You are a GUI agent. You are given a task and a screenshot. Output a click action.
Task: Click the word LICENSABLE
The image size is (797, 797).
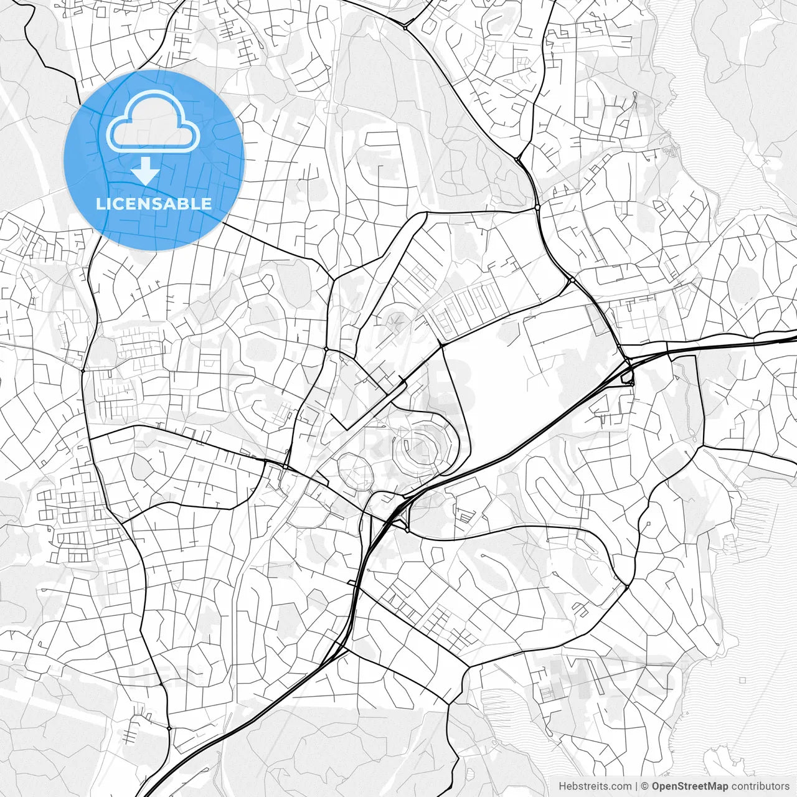pos(154,204)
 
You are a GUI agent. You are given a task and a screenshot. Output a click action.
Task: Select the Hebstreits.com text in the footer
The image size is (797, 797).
pos(595,786)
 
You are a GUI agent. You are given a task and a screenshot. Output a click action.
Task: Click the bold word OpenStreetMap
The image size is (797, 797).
pos(689,786)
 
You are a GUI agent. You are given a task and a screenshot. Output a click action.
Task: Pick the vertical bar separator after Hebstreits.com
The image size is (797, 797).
pos(636,786)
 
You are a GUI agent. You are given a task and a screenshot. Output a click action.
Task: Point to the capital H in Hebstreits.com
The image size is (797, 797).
pos(562,786)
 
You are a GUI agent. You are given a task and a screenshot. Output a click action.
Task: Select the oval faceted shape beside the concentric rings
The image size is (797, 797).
pos(355,471)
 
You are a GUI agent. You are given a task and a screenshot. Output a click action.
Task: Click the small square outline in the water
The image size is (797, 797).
pos(742,681)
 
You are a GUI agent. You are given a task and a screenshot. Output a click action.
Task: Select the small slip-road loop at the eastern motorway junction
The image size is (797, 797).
pos(627,376)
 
